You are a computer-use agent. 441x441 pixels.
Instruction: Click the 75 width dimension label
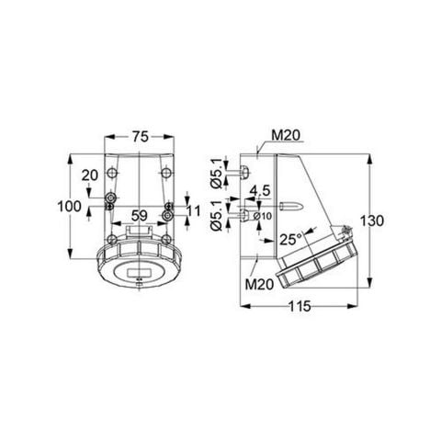[139, 136]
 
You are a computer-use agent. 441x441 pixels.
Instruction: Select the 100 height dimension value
[68, 207]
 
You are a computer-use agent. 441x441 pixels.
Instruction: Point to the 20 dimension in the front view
[89, 175]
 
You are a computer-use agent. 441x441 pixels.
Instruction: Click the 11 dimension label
[193, 211]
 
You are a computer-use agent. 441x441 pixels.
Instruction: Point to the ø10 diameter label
[260, 216]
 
